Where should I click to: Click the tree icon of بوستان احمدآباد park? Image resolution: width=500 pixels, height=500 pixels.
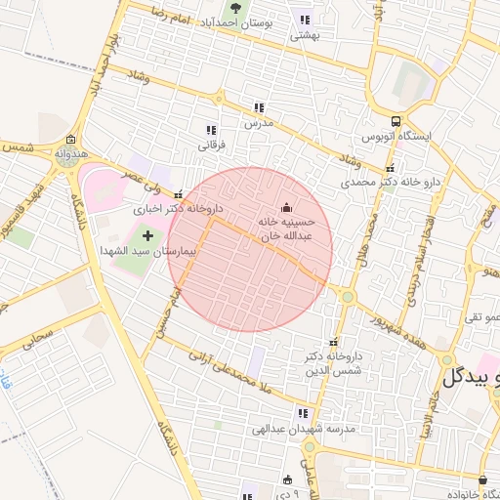[x=233, y=8]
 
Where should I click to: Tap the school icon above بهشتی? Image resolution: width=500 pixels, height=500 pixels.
[x=306, y=20]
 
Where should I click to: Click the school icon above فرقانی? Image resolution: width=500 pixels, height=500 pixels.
[x=211, y=130]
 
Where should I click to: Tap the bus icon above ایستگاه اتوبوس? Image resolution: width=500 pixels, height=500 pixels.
[x=396, y=122]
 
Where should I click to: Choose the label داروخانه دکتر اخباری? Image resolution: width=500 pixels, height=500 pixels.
[x=179, y=208]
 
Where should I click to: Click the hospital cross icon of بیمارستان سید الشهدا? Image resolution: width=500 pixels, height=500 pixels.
[x=148, y=235]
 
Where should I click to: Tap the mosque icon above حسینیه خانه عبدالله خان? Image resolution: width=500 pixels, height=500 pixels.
[x=286, y=207]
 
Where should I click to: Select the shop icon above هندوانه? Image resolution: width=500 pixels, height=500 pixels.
[x=70, y=140]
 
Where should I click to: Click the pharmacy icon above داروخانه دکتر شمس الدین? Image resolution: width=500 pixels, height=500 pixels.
[x=336, y=342]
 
